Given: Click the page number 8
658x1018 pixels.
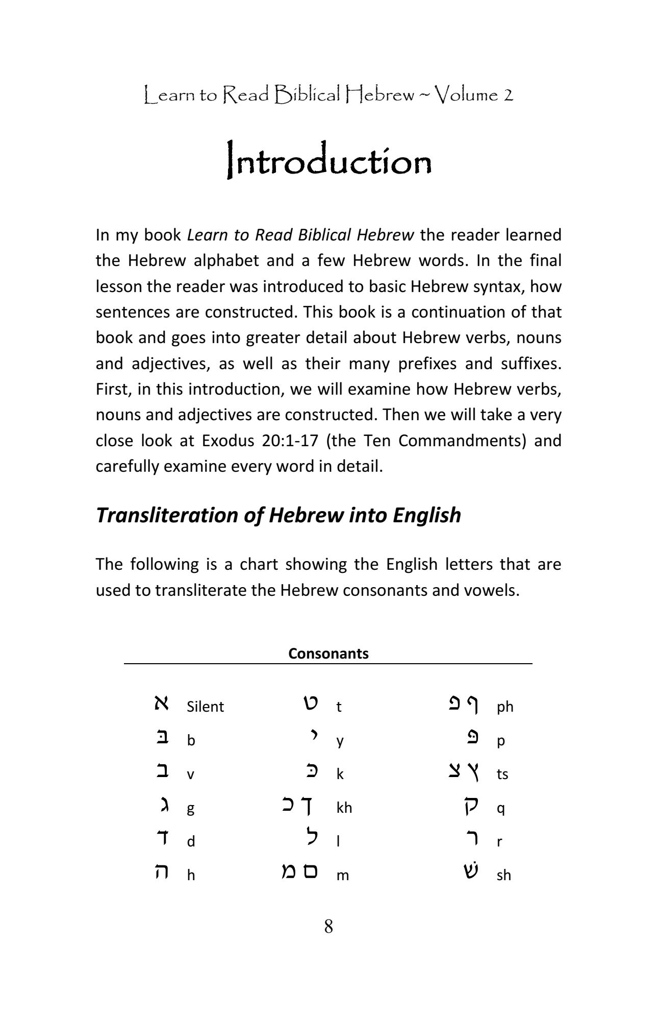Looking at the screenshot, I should click(328, 926).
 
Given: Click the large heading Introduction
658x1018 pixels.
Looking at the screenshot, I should click(329, 163).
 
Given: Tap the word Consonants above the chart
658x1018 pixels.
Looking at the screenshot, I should click(328, 653).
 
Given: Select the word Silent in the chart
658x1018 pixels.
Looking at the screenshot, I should click(205, 707).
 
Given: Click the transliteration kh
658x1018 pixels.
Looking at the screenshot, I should click(344, 808).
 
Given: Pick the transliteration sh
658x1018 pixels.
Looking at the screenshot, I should click(503, 875).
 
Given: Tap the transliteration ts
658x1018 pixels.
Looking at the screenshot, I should click(502, 774).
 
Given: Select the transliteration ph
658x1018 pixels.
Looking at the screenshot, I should click(505, 707).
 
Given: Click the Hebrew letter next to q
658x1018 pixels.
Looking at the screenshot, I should click(471, 807).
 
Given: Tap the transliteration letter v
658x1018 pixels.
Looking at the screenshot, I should click(190, 774).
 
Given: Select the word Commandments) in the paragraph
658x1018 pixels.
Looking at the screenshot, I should click(462, 440).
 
